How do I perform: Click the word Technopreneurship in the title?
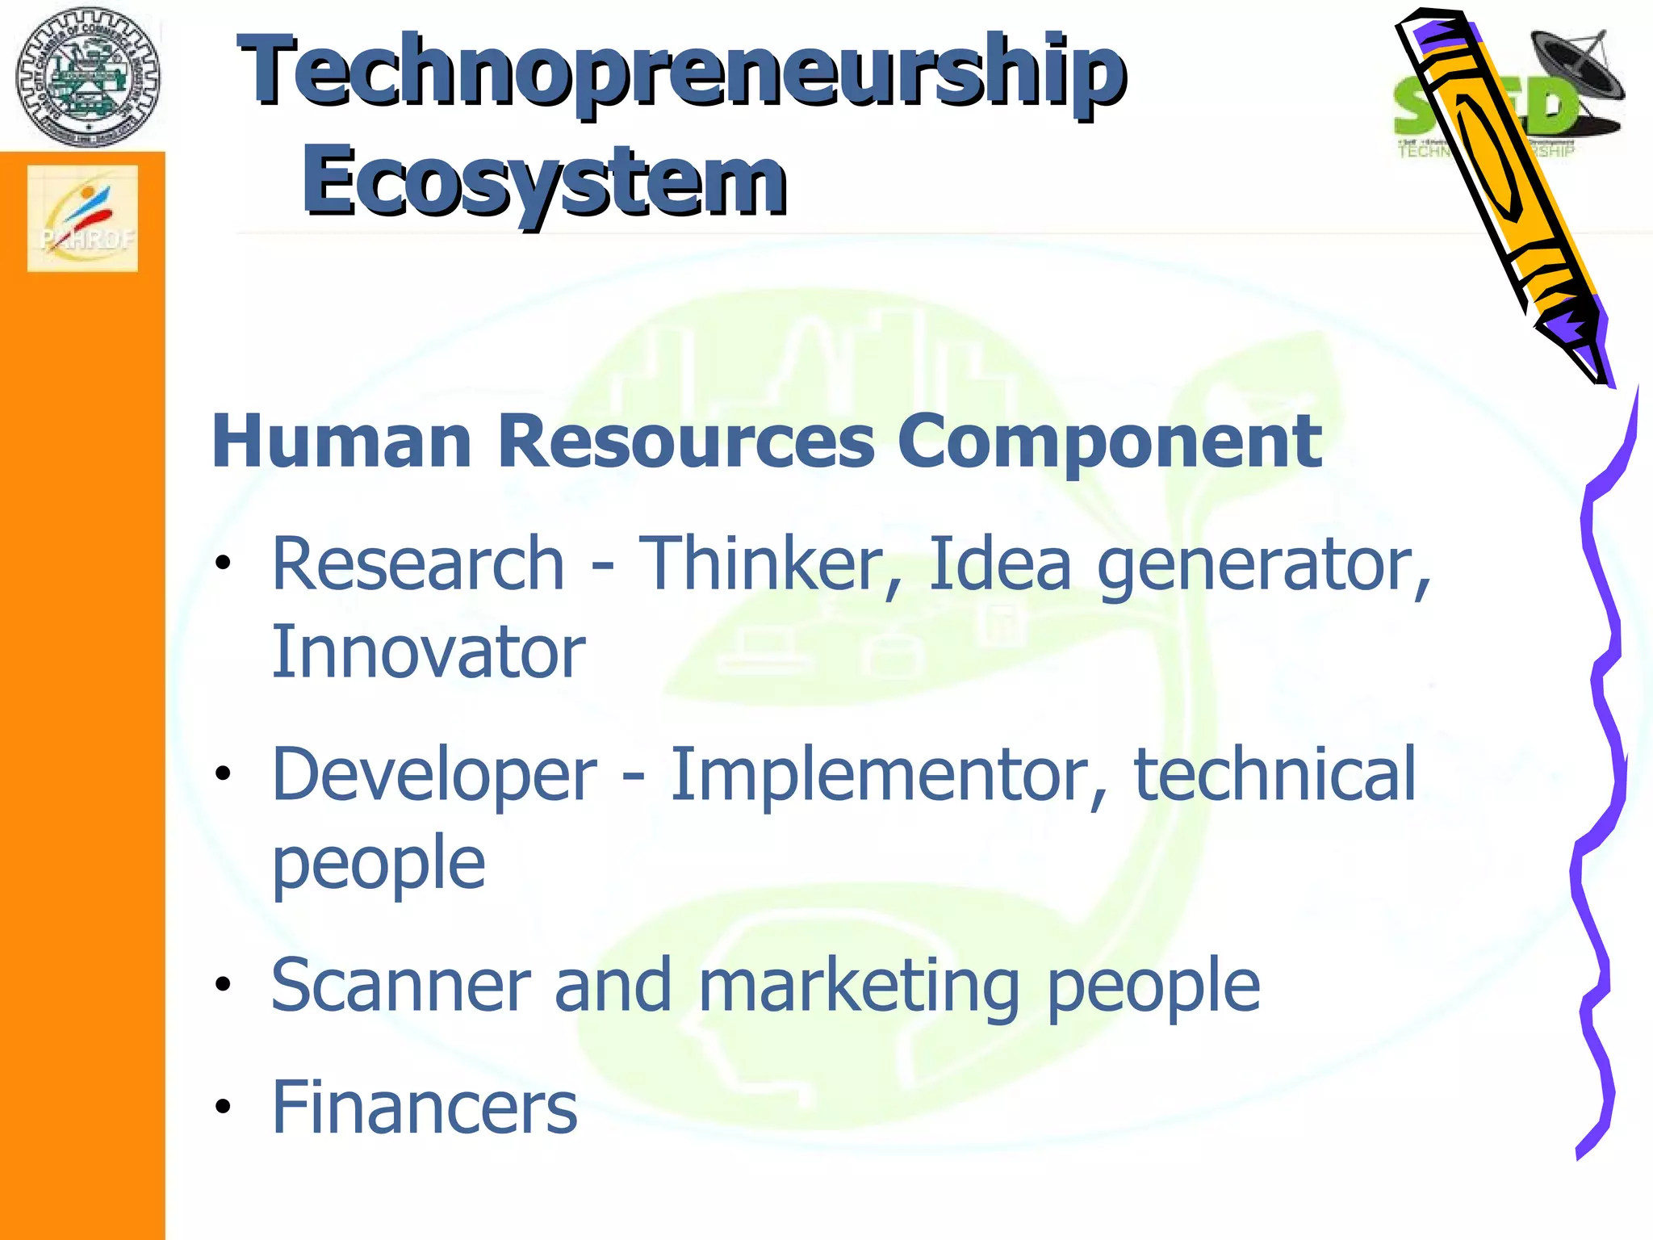tap(682, 73)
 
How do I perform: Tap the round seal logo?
tap(88, 77)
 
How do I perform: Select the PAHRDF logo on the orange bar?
tap(82, 218)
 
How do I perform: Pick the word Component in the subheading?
tap(1109, 442)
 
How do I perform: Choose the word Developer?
tap(434, 775)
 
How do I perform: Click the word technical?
tap(1275, 775)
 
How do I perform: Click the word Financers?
tap(425, 1108)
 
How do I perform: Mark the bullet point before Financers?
tap(223, 1107)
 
